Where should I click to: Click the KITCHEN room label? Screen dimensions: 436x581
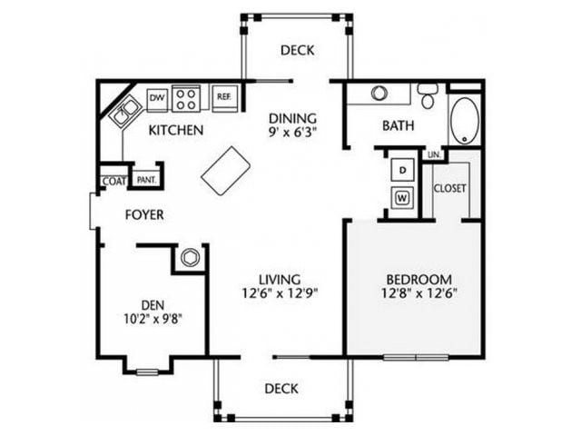point(176,130)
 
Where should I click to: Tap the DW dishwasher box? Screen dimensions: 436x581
point(156,95)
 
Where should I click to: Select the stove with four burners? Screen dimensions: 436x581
point(188,96)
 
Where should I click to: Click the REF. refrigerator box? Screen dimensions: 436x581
point(222,95)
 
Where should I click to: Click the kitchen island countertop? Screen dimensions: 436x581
point(226,170)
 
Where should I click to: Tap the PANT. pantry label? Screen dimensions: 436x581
point(144,179)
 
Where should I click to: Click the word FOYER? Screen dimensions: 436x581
point(143,215)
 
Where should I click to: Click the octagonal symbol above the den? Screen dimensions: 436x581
point(190,257)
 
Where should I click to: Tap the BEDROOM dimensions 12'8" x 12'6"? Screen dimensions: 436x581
point(418,292)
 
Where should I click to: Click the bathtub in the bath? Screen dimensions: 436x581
point(465,119)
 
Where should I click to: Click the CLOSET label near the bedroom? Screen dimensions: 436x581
point(449,188)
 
